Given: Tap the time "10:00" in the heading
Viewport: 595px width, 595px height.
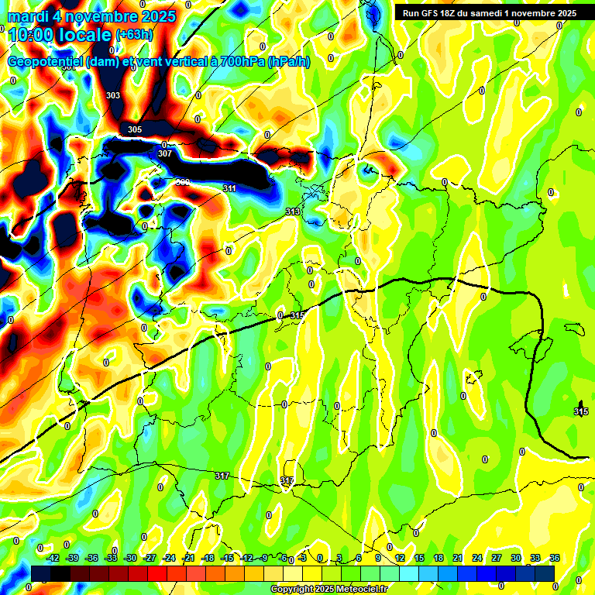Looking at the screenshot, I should click(31, 35).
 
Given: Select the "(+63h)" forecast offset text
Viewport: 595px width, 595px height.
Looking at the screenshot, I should click(134, 35).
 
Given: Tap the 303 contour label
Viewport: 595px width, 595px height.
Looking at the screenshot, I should click(113, 95).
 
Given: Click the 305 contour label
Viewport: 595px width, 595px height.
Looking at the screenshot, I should click(135, 129).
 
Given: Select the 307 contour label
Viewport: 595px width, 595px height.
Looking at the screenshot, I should click(165, 153).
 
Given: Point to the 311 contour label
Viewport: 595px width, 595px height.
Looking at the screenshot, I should click(229, 188).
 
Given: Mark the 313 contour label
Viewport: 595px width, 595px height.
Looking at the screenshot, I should click(292, 212).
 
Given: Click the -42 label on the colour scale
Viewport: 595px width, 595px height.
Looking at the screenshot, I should click(53, 559).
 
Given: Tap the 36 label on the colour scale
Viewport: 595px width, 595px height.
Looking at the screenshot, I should click(554, 559).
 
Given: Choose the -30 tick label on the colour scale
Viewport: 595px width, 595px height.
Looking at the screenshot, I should click(130, 559).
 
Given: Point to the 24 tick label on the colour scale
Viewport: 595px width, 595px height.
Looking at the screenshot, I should click(477, 559).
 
